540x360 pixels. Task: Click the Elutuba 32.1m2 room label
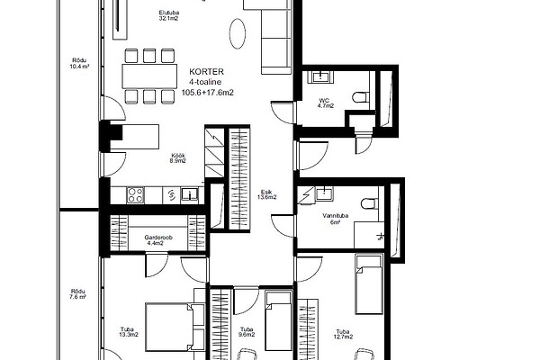point(169,15)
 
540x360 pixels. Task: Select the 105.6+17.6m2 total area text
point(207,93)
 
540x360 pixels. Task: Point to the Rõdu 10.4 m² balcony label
point(79,64)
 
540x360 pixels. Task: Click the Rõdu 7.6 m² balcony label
point(78,294)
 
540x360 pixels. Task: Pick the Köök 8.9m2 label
point(178,158)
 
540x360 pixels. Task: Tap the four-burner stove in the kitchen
point(135,195)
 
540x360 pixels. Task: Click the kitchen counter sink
point(189,194)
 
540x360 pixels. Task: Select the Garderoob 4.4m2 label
point(158,240)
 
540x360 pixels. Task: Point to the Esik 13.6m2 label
point(267,194)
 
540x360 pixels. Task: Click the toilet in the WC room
point(361,97)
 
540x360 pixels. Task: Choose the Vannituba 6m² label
point(335,219)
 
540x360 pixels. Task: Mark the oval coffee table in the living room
point(238,33)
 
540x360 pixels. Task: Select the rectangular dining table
point(149,76)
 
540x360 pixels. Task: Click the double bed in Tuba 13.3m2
point(175,327)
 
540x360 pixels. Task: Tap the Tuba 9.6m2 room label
point(247,332)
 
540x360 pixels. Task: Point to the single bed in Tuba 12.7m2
point(369,284)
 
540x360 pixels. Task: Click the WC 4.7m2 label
point(326,103)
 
